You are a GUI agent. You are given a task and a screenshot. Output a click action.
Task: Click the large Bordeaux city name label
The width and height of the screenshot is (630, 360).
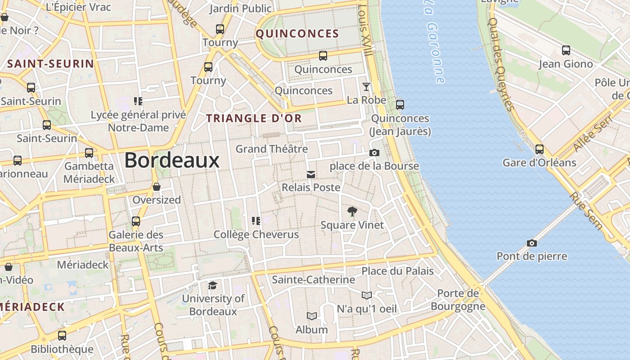coord(172,160)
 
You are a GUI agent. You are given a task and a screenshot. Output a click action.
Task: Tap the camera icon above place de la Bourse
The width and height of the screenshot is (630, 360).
coord(374,153)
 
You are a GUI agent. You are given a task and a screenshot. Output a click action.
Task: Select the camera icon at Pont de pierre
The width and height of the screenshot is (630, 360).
coord(532,243)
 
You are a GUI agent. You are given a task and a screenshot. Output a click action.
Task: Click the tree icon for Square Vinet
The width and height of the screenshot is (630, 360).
coord(352,211)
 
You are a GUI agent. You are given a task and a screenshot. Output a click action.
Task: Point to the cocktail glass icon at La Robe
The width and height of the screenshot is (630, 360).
coord(366,87)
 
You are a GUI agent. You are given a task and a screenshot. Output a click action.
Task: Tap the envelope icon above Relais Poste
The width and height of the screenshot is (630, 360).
coord(310,175)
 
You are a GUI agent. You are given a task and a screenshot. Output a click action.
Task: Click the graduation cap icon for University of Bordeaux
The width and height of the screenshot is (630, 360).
coord(212,285)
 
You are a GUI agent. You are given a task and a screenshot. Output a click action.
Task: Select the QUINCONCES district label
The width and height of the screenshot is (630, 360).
coord(297,34)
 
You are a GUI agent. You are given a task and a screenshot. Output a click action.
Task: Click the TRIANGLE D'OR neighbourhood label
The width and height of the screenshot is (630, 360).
coord(254,118)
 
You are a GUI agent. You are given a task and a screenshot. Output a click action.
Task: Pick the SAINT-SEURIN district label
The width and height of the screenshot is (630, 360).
coord(50,64)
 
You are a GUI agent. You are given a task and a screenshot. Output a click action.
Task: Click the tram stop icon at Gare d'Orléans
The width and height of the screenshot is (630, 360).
coord(539,149)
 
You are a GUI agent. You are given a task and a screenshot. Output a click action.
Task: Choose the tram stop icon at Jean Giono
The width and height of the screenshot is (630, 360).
coord(566,50)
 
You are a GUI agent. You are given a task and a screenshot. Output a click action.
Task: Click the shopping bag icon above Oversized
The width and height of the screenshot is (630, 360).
coord(157,187)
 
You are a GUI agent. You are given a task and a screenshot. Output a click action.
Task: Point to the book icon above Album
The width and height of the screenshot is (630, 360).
coord(311,316)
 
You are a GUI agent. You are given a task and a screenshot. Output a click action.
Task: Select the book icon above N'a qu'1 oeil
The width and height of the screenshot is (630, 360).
coord(367,296)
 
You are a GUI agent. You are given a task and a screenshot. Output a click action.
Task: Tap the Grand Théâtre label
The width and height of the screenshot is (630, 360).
coord(272,149)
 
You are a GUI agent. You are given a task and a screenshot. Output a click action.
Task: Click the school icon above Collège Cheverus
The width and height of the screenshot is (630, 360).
coord(256,220)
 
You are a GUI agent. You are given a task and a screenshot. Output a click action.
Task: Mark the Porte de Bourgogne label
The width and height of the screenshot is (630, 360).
coord(458,300)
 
